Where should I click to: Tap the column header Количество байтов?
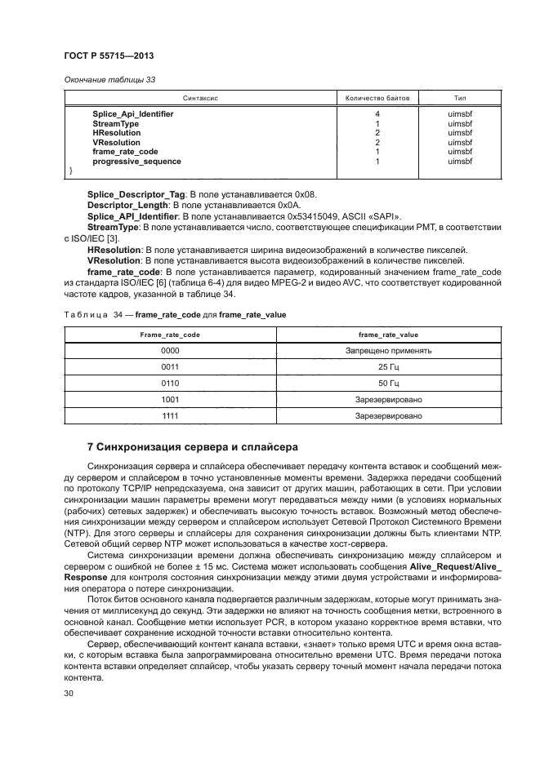[x=377, y=97]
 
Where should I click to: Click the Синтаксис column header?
[x=201, y=97]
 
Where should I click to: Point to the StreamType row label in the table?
[x=115, y=124]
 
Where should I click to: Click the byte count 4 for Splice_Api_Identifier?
[x=377, y=114]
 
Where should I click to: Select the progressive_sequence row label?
[x=136, y=162]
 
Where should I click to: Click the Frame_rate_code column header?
[x=170, y=335]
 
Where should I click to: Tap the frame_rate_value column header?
[x=388, y=335]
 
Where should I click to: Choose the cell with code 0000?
[x=170, y=350]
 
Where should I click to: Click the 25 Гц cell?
[x=388, y=366]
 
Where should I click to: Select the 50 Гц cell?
[x=388, y=383]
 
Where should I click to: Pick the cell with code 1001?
[x=170, y=399]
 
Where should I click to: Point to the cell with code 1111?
[x=170, y=415]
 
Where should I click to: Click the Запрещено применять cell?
[x=388, y=350]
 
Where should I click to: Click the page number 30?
[x=69, y=693]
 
